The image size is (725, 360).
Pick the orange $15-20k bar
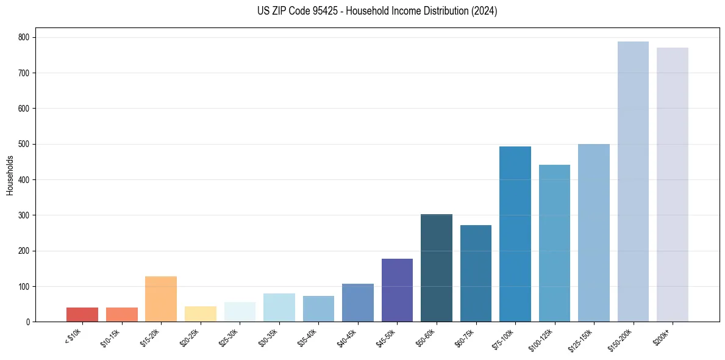[x=161, y=299]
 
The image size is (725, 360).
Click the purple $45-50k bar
[x=397, y=290]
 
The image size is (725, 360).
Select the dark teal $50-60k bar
[x=437, y=268]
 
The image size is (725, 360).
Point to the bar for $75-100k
[x=515, y=234]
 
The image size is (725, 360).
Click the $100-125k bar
[x=554, y=243]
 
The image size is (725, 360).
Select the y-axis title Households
[x=10, y=175]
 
